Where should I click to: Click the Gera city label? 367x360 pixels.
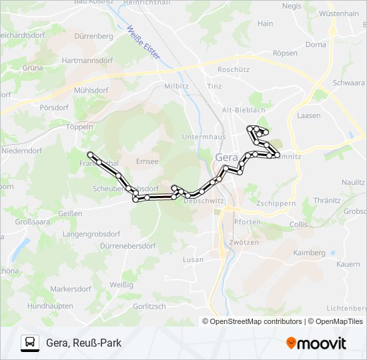[x=226, y=157]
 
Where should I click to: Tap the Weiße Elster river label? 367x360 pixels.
[x=143, y=43]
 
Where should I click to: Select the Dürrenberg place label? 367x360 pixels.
[x=93, y=35]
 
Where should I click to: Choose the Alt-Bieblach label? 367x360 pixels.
[x=244, y=110]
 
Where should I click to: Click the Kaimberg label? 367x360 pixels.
[x=309, y=253]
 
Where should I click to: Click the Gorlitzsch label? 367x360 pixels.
[x=149, y=306]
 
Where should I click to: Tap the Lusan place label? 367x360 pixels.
[x=192, y=259]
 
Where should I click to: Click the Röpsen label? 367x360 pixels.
[x=285, y=53]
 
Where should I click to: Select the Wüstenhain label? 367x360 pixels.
[x=338, y=13]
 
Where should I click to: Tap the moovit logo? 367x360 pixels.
[x=316, y=343]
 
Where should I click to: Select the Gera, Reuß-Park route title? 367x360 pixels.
[x=84, y=343]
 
